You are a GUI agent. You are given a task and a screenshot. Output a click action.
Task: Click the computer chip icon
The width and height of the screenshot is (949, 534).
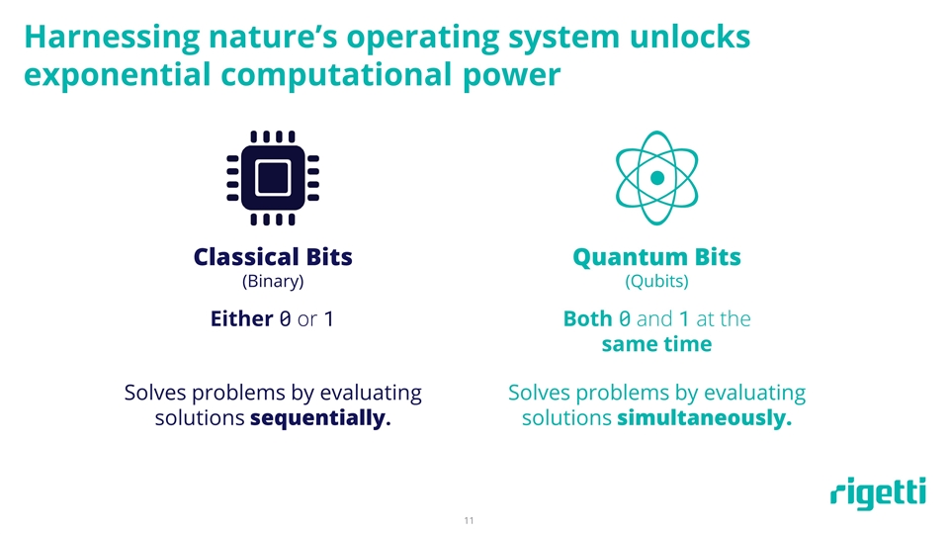coord(273,178)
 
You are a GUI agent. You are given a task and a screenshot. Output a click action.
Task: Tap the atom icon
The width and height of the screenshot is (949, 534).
coord(656,178)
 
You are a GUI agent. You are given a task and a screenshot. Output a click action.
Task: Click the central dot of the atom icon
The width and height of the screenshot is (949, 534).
coord(657,178)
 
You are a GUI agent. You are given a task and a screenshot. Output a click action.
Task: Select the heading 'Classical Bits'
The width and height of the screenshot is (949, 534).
coord(273,257)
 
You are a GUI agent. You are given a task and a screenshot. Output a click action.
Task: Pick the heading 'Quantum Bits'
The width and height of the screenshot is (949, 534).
coord(656,258)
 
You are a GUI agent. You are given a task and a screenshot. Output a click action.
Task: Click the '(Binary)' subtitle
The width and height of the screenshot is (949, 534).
coord(273,282)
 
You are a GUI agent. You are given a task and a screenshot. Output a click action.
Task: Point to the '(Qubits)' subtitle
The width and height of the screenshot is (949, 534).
coord(656,282)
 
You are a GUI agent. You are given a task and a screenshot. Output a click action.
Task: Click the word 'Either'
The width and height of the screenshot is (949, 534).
coord(241,318)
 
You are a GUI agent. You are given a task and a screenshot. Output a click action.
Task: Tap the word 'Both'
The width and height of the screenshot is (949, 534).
coord(587,318)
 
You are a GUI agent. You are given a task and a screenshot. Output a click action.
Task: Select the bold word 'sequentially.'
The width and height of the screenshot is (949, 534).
coord(320,418)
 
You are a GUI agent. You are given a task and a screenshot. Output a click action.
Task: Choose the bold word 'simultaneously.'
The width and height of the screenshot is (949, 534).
coord(705,418)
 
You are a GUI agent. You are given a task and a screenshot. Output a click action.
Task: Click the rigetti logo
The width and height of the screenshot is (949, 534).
coord(878,492)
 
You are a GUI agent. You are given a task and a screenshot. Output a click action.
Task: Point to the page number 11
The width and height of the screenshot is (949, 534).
coord(469,521)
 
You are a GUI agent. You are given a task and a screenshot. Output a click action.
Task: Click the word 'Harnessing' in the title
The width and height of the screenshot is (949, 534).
coord(112,38)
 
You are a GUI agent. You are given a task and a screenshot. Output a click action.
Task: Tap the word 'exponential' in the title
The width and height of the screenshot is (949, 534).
coord(118,76)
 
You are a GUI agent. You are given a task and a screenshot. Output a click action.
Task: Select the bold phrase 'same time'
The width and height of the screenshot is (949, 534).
coord(656,344)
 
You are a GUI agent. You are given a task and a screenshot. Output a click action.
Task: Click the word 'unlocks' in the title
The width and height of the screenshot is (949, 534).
coord(690,37)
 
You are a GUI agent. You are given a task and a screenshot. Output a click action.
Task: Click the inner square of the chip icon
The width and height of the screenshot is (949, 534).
coord(273,178)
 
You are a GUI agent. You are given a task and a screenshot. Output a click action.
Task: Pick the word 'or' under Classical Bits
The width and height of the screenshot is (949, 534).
coord(307,319)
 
